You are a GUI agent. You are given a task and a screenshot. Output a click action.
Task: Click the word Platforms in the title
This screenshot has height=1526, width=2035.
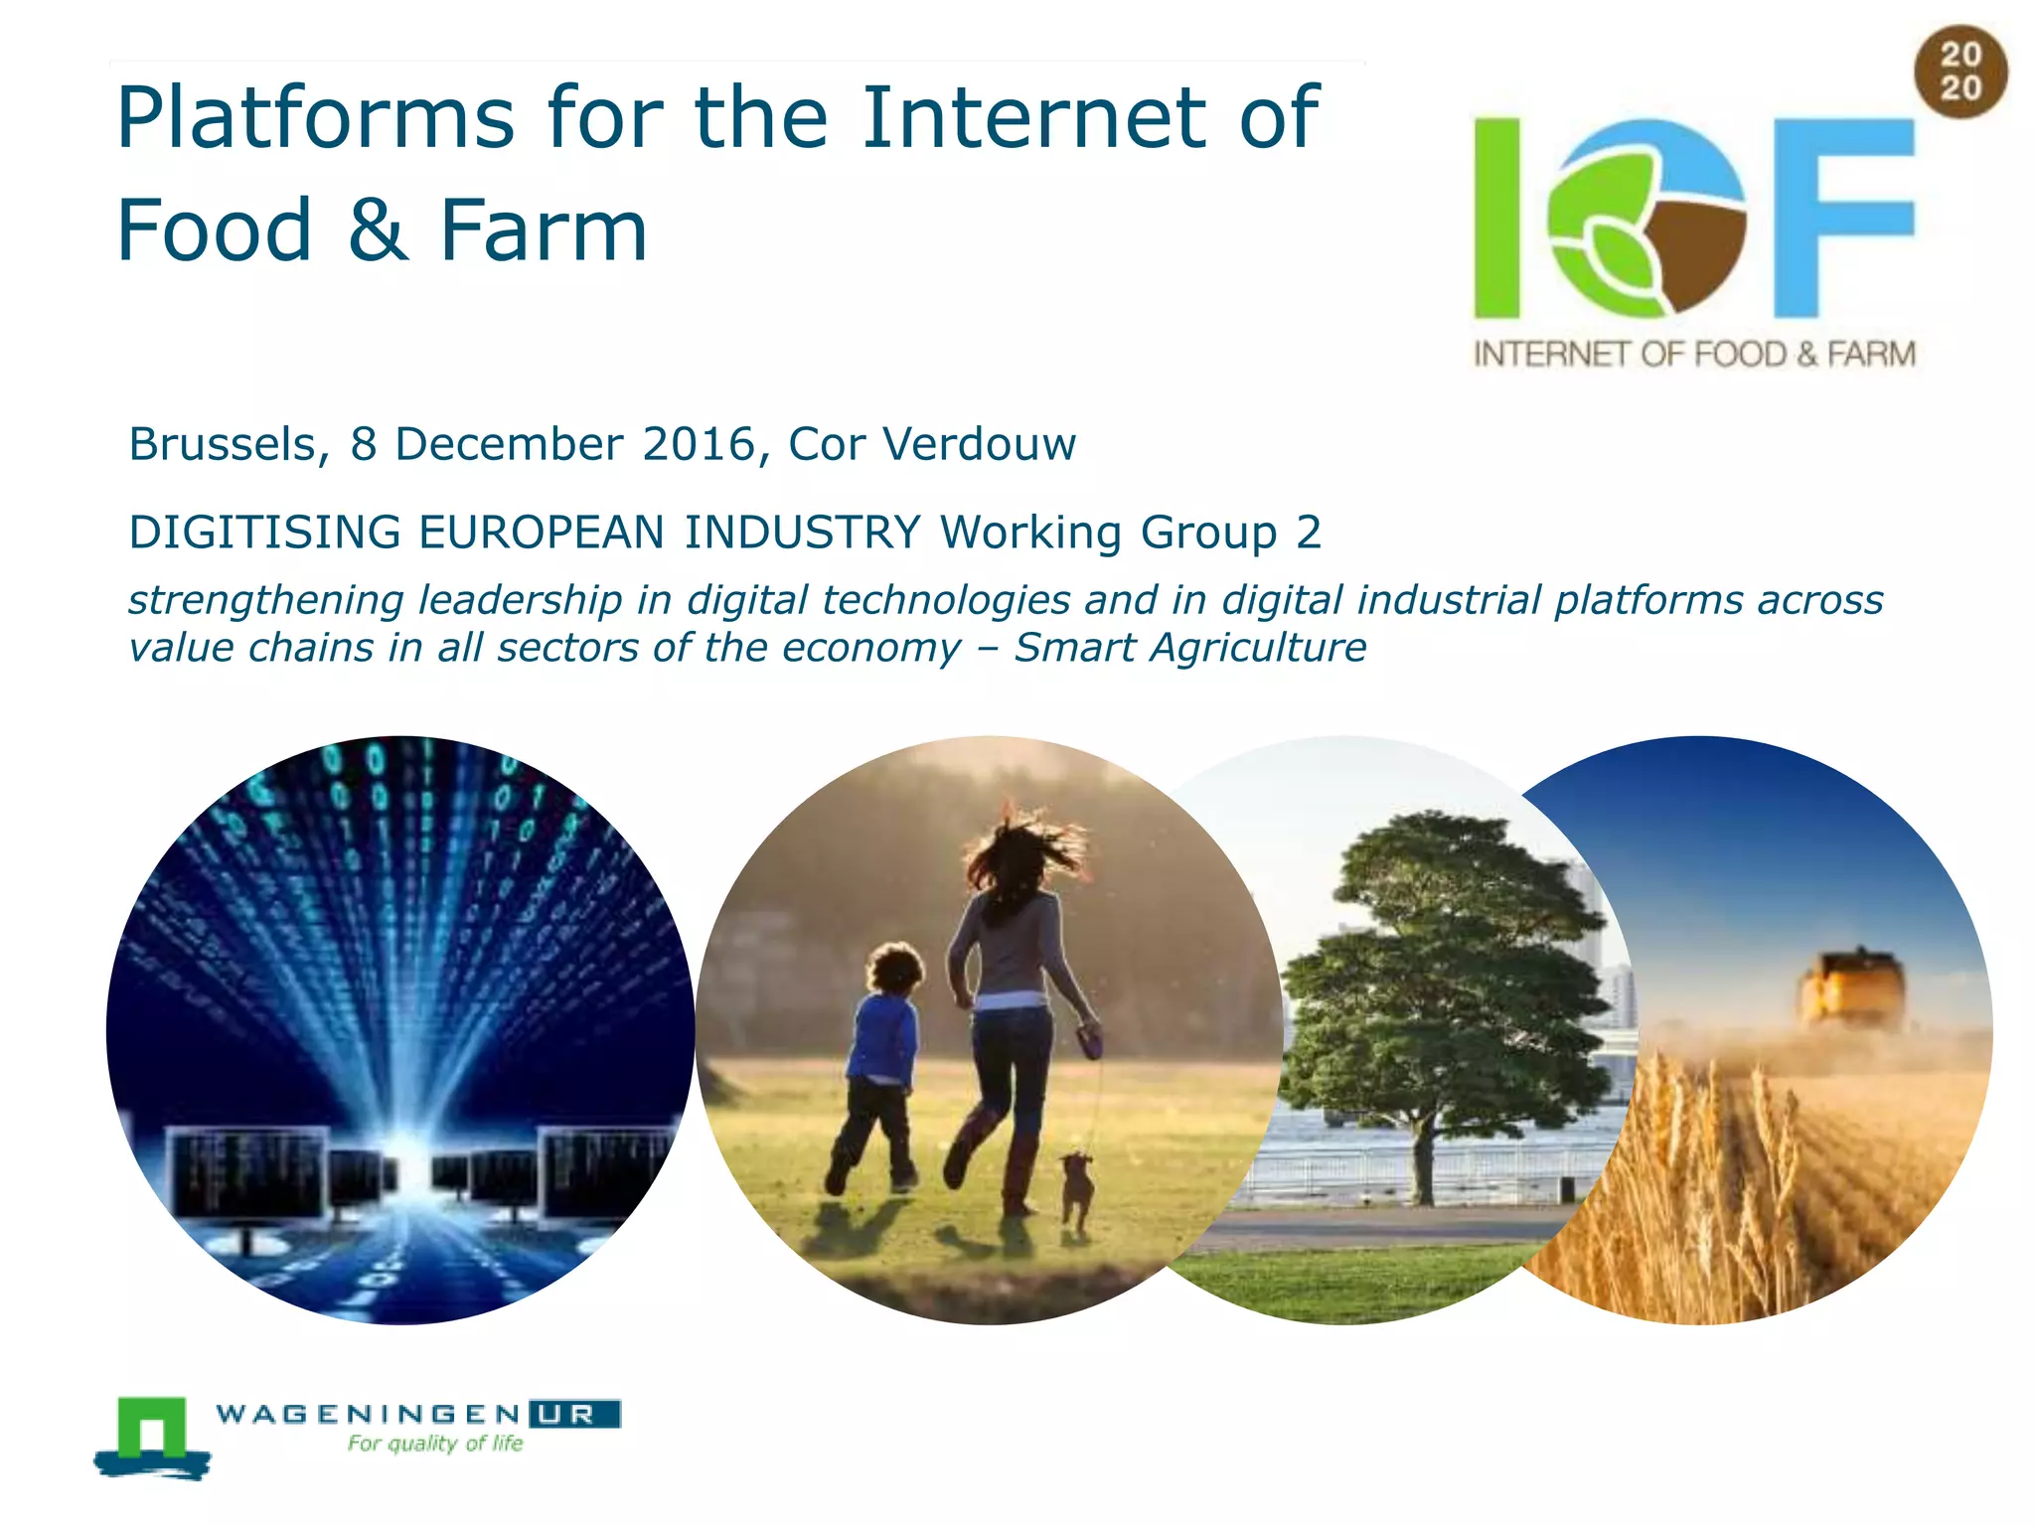click(315, 119)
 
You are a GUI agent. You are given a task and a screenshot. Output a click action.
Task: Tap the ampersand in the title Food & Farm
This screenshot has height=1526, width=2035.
click(378, 230)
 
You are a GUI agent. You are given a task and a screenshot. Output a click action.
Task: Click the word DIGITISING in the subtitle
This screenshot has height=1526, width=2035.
click(264, 533)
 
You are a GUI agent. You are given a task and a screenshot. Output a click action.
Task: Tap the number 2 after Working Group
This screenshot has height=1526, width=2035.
click(1309, 533)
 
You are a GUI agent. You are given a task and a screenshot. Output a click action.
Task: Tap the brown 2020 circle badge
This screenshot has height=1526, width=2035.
click(1960, 72)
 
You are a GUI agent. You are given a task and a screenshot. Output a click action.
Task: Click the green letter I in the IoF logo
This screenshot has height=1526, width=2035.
click(1497, 218)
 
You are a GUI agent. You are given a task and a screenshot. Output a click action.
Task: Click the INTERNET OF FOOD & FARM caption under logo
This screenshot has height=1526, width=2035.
click(1694, 355)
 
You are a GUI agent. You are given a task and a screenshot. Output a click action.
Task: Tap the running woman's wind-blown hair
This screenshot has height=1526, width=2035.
click(1023, 854)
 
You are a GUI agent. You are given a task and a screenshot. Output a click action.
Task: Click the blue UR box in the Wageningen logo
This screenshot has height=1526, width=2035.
click(574, 1414)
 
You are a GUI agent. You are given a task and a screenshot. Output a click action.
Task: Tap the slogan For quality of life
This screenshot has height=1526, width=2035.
click(435, 1444)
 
